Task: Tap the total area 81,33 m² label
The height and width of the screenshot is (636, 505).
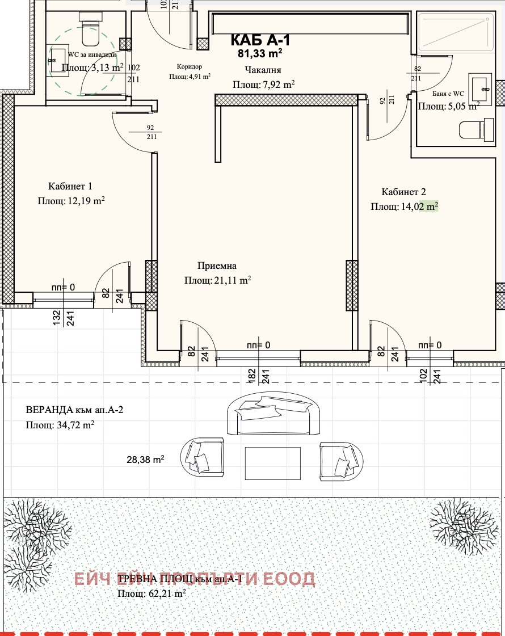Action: tap(260, 54)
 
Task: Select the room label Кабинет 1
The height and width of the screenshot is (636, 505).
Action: tap(70, 186)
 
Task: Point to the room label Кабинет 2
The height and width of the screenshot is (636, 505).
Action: tap(403, 192)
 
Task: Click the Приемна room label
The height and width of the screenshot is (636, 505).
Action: tap(217, 266)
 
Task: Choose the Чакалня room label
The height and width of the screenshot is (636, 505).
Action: tap(263, 70)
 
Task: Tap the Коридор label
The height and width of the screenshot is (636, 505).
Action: tap(190, 66)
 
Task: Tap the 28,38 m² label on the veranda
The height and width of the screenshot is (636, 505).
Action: tap(145, 460)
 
